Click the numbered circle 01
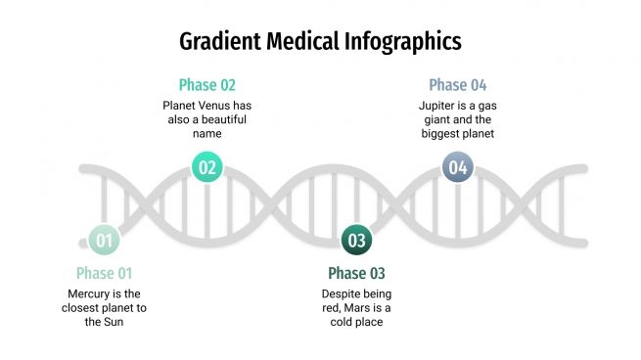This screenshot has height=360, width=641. coord(105,240)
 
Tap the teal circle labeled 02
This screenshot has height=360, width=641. coord(206,166)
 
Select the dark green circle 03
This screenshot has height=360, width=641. coord(356,240)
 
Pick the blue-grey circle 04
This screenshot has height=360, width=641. coord(457,167)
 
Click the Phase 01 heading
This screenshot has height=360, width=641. coord(104,273)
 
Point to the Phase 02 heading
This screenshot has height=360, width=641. coord(206,85)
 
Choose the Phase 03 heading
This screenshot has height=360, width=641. coord(356,273)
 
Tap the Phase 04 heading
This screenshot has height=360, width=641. coord(457,85)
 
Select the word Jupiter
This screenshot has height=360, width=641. coord(438,105)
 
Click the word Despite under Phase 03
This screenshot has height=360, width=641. coord(343,293)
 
